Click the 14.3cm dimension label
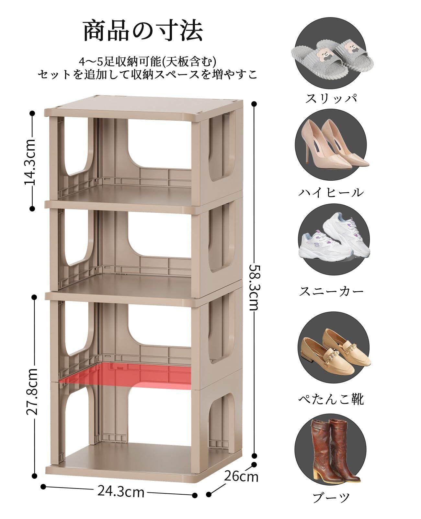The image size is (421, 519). coord(31,161)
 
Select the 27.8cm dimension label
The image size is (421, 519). coord(33,391)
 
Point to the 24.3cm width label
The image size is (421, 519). coord(120,491)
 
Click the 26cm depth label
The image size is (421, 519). coord(241,476)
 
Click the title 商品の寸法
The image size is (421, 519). coord(143,31)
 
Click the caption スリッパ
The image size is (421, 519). coord(331,98)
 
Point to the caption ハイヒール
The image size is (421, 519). coord(331,192)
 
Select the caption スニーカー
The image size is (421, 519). coord(331,291)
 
